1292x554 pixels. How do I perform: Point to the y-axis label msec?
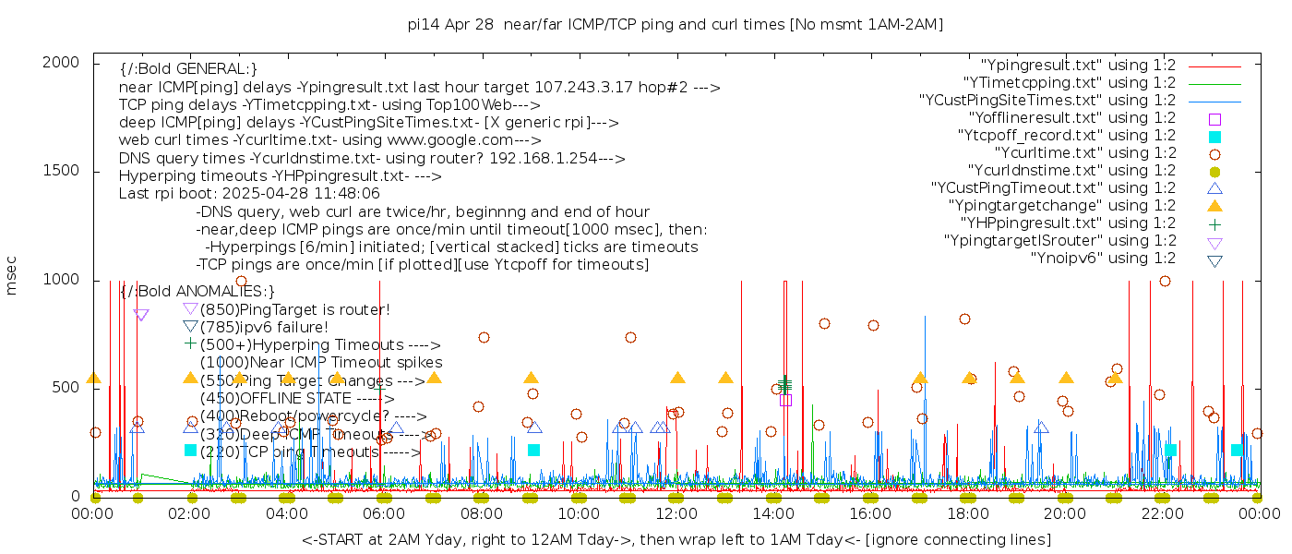[12, 274]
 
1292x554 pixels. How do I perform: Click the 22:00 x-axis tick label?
[1162, 513]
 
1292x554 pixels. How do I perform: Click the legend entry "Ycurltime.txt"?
[1084, 153]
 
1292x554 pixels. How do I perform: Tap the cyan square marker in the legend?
[1214, 137]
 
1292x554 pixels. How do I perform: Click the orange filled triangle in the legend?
[1214, 206]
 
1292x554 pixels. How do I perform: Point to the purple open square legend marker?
[1214, 119]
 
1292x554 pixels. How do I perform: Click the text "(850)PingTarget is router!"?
[294, 309]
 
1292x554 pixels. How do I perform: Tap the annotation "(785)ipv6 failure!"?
[264, 327]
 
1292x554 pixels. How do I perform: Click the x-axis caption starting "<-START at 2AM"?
[676, 539]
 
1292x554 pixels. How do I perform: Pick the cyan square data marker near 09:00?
[533, 450]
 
